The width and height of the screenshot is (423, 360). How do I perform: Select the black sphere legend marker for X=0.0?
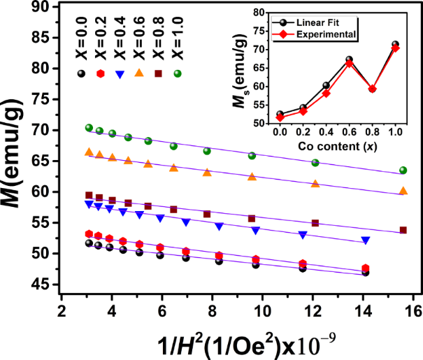(x=83, y=73)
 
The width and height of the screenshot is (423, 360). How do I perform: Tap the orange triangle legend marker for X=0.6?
(x=139, y=73)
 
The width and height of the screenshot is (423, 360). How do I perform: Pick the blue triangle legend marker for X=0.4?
(x=120, y=73)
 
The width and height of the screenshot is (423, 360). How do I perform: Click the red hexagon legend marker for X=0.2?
(x=101, y=73)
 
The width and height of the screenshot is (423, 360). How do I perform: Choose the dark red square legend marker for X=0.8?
(x=158, y=73)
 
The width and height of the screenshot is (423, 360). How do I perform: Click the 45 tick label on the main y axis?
(x=45, y=284)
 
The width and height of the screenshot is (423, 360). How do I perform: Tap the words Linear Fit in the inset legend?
(x=334, y=21)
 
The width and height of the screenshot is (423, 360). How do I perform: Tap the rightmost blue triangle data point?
(x=365, y=240)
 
